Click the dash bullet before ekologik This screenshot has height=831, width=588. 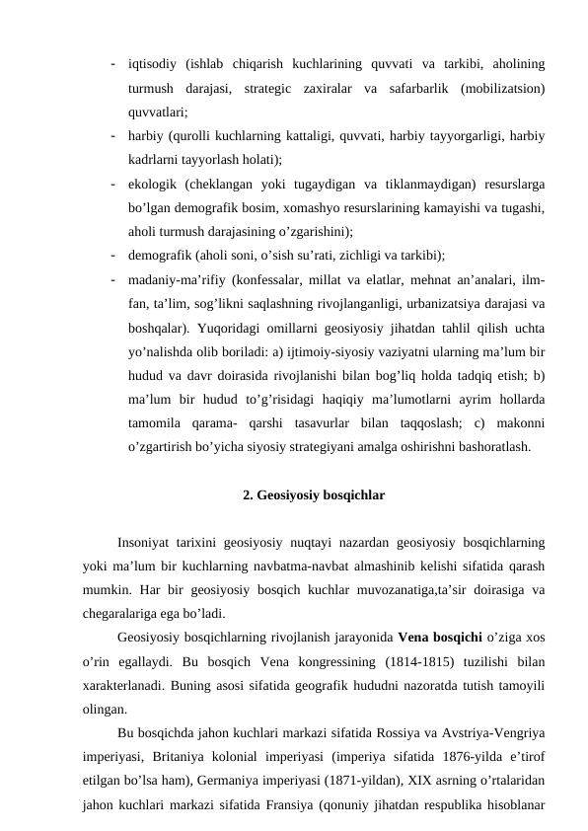click(x=115, y=184)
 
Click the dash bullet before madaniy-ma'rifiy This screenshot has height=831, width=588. click(x=115, y=278)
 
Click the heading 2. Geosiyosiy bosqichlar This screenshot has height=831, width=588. click(x=313, y=493)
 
